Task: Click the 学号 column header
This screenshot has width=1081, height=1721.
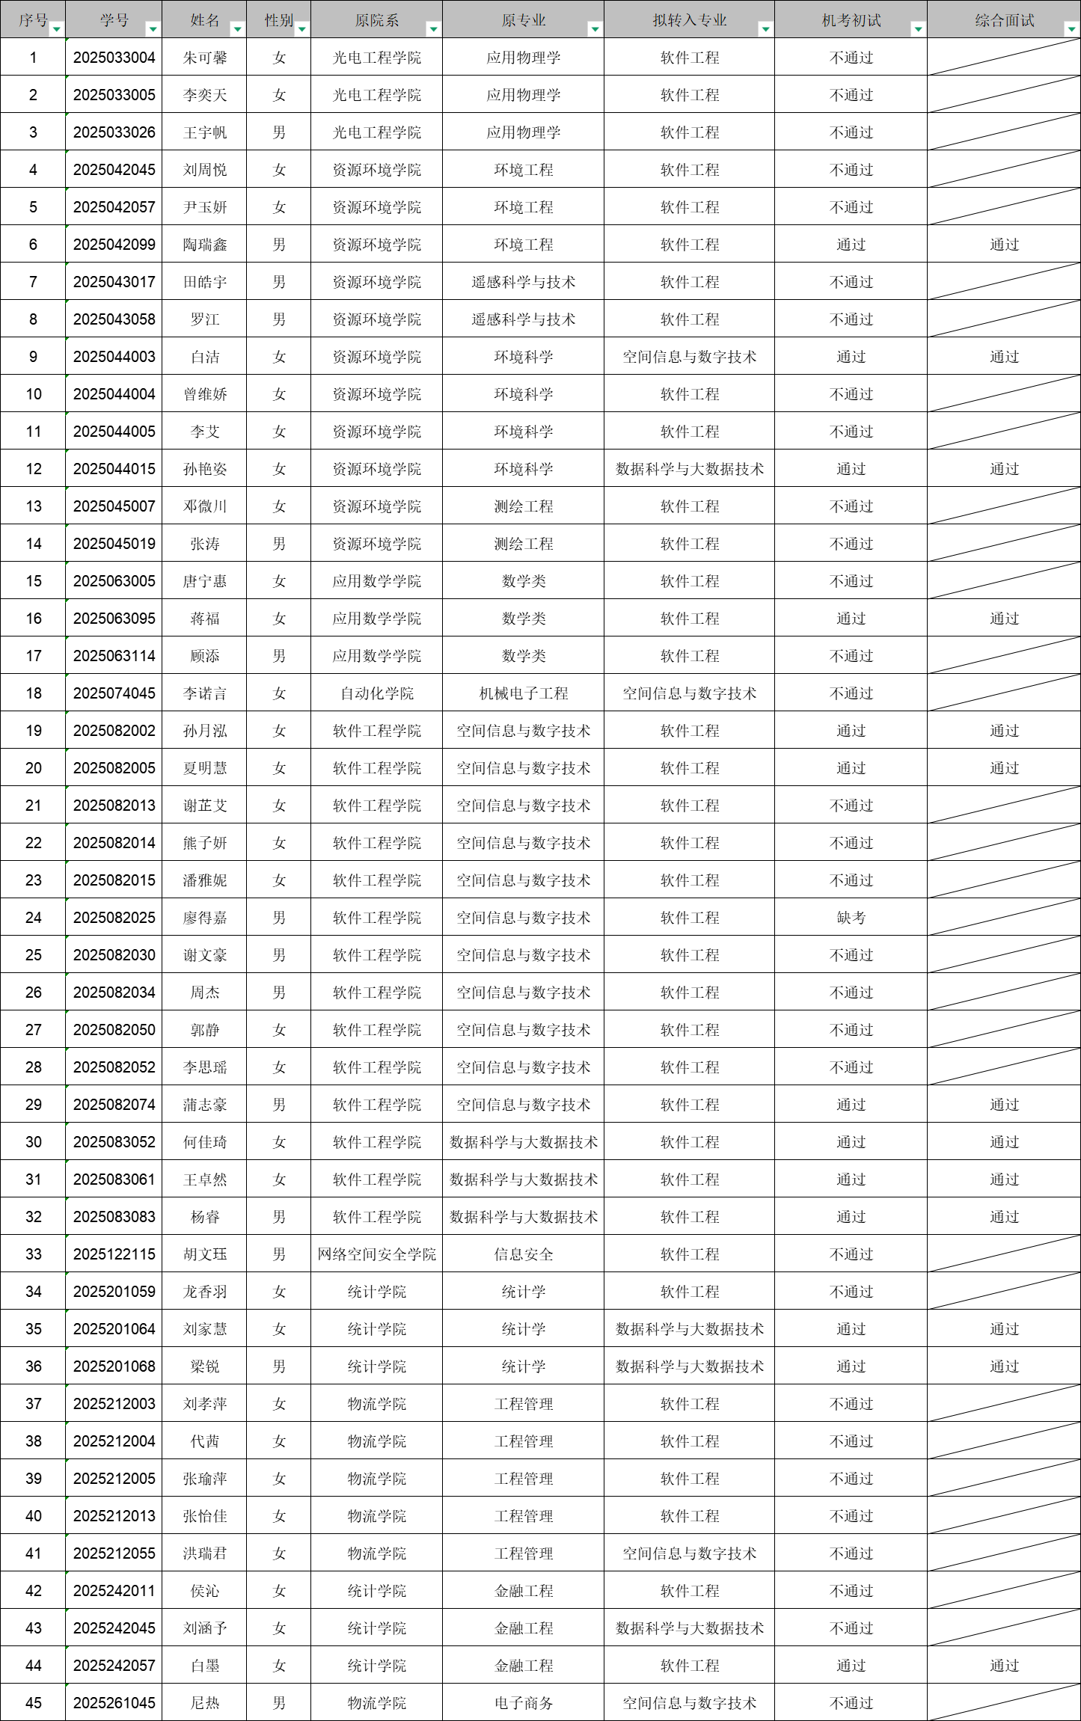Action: [114, 20]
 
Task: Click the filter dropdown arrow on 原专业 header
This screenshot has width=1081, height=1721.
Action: [595, 29]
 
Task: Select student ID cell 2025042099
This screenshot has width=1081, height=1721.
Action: [114, 245]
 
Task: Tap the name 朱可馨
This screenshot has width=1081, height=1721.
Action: [204, 58]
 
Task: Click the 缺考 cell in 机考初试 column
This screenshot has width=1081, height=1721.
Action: [851, 918]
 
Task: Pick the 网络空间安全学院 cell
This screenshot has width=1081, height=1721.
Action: [376, 1254]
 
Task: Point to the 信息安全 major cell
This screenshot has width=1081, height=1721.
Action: [523, 1254]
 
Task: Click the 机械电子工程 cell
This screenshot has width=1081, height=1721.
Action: [523, 693]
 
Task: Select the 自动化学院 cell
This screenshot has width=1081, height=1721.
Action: [376, 693]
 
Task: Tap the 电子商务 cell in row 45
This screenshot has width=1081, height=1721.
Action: [523, 1703]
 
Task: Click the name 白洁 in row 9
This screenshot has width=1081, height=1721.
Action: [204, 357]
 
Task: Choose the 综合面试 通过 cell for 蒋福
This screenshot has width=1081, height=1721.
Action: [1004, 619]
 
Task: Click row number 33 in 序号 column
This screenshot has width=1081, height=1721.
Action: [33, 1254]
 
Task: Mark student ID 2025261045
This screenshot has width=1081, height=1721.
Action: [114, 1703]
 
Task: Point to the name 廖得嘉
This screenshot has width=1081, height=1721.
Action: [204, 918]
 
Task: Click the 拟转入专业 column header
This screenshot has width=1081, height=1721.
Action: [689, 20]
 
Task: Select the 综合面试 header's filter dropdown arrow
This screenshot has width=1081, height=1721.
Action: [1071, 29]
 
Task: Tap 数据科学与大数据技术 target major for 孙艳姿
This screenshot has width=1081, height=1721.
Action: [689, 469]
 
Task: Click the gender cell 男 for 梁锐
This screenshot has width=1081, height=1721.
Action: [278, 1366]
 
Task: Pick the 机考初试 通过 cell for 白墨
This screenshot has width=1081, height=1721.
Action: [851, 1666]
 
